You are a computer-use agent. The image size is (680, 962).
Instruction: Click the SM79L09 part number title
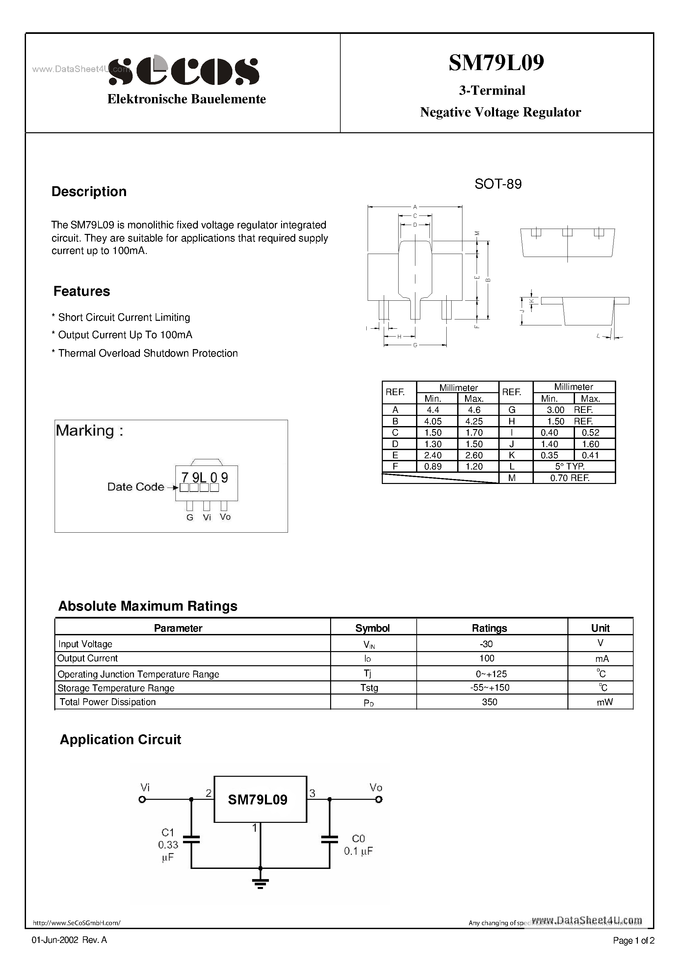coord(496,63)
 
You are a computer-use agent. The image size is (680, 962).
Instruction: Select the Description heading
coord(89,191)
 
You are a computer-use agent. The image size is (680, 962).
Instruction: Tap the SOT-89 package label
coord(498,184)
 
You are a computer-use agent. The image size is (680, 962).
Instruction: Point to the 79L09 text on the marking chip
coord(205,478)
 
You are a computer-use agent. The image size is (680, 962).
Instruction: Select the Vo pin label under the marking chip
coord(225,517)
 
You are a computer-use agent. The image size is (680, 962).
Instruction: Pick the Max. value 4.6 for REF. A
coord(474,410)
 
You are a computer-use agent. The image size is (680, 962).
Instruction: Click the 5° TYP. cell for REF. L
coord(570,466)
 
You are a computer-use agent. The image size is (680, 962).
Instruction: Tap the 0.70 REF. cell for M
coord(570,478)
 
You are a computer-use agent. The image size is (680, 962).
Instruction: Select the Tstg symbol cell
coord(369,688)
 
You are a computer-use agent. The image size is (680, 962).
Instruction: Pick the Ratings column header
coord(489,628)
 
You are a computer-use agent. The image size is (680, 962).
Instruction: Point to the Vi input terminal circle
coord(142,799)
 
